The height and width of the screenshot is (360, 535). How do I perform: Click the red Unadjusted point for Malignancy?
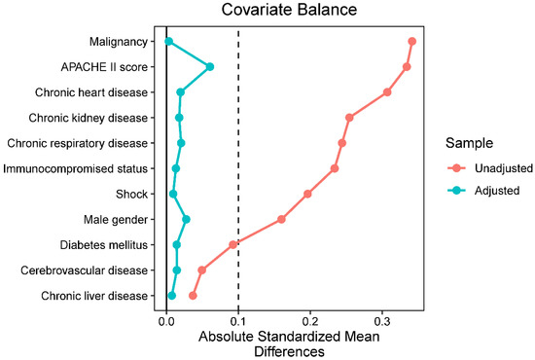412,41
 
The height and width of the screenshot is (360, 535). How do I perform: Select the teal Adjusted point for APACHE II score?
209,67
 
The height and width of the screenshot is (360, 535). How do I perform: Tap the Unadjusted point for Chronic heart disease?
387,92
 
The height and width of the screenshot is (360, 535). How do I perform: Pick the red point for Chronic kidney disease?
349,118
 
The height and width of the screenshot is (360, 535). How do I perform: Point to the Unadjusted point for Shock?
307,194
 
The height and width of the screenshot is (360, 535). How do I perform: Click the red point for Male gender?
281,219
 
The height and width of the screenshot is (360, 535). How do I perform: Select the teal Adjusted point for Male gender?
186,219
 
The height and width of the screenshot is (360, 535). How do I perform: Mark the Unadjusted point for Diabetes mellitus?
233,244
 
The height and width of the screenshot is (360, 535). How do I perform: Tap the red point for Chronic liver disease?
193,295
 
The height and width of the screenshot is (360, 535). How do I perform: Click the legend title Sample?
454,143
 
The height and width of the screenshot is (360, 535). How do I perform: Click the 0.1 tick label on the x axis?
238,318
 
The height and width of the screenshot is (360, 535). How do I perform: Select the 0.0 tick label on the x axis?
166,318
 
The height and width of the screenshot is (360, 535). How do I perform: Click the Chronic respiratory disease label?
78,143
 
